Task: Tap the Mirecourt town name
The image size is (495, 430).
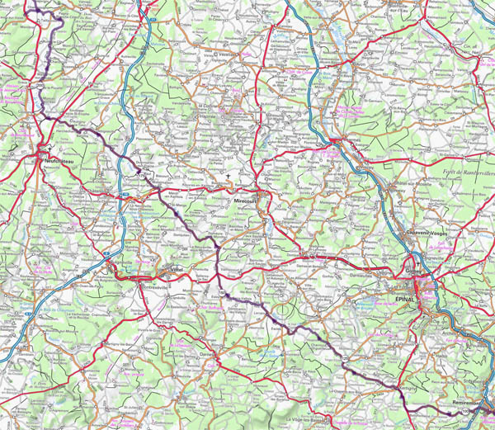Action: click(x=246, y=201)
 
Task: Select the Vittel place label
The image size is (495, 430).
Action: click(x=176, y=271)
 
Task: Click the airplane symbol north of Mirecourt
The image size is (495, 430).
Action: click(x=229, y=176)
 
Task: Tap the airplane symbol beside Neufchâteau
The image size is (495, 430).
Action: click(x=51, y=149)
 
